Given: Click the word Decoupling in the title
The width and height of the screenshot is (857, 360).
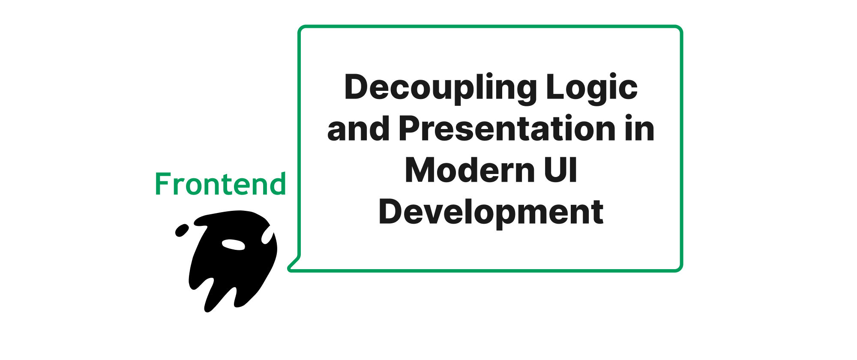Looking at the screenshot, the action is pos(441,89).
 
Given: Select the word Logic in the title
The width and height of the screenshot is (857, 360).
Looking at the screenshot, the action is pos(592,89).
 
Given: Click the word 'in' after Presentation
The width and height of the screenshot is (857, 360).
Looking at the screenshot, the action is pos(639,128).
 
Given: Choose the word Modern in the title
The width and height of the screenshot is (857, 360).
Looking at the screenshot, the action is pos(469,170).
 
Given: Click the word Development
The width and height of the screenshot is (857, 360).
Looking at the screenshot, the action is pos(491,213).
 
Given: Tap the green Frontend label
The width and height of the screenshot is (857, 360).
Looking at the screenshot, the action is pos(220,184).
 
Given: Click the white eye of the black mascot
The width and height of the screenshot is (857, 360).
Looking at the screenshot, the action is pos(234,244).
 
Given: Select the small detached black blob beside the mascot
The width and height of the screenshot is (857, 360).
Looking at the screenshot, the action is pos(182,230).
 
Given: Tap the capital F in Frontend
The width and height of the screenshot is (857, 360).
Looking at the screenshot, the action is pos(162,185).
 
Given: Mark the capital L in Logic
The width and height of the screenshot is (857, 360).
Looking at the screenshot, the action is pos(556,87).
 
